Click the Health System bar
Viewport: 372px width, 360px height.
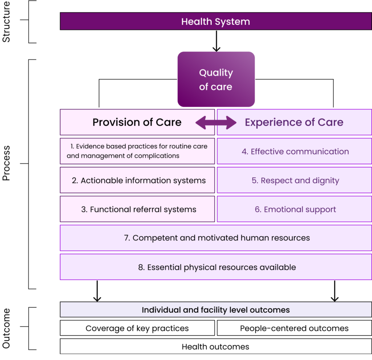[216, 21]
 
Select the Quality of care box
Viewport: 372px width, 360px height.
[216, 79]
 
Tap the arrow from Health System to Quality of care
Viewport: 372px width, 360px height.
[217, 41]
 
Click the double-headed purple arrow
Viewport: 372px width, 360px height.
[216, 123]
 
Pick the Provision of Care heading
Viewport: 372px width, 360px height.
[137, 122]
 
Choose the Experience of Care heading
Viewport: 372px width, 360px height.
[294, 122]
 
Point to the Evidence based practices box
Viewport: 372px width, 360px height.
[137, 151]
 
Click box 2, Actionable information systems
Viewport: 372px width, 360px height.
[137, 180]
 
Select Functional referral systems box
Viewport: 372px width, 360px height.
[137, 209]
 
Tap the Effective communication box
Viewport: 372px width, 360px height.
[294, 151]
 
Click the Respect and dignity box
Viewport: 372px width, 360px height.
[294, 180]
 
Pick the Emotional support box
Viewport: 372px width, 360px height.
[294, 209]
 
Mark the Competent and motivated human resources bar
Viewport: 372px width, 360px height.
[216, 238]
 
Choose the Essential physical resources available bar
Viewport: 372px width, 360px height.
[216, 267]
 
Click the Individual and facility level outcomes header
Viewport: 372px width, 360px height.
[216, 310]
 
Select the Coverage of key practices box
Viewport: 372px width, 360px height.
[137, 328]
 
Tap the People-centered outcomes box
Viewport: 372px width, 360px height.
[294, 328]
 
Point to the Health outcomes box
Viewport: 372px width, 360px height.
[216, 347]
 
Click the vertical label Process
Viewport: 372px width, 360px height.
[6, 163]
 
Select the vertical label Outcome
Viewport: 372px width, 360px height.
[6, 328]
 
